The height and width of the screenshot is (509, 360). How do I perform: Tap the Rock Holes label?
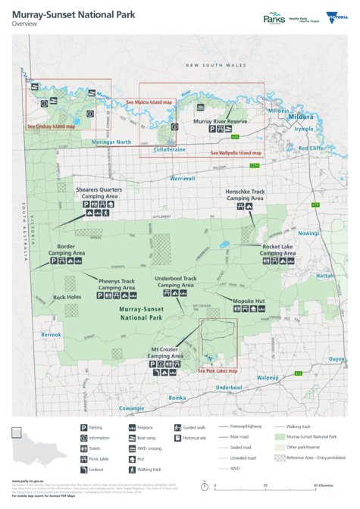point(67,297)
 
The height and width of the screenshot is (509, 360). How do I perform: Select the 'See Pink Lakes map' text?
point(218,370)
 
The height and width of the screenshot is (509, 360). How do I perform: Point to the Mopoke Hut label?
point(249,301)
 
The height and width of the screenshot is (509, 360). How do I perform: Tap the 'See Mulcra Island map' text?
point(149,101)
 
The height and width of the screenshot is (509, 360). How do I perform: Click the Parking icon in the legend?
point(83,428)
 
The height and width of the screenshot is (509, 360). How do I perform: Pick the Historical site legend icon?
point(177,438)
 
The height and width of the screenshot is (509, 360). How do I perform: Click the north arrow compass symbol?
point(205,485)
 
